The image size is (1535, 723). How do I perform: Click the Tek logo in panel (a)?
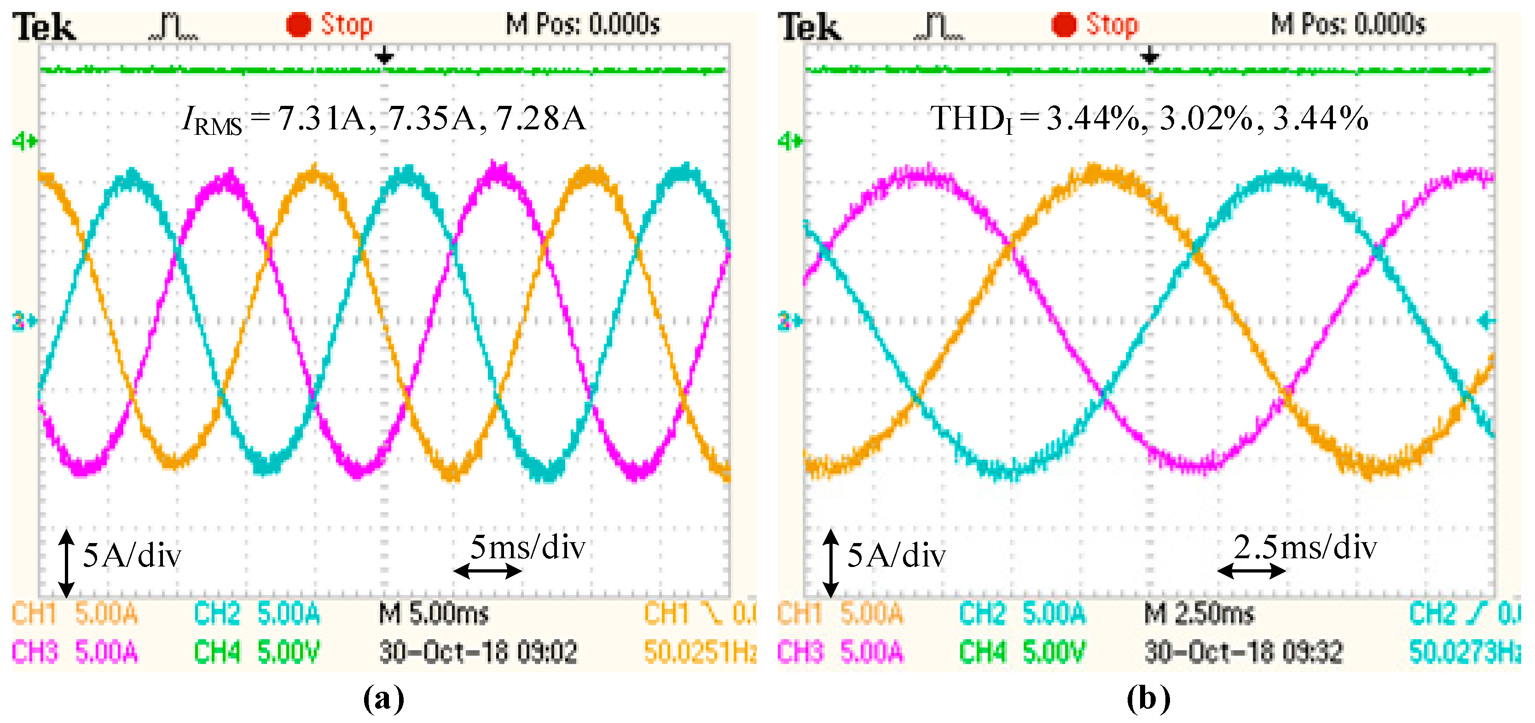45,27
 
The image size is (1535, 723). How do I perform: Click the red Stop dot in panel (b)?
1064,25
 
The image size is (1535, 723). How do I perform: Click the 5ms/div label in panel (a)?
527,547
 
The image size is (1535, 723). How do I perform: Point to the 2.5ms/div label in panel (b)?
1305,547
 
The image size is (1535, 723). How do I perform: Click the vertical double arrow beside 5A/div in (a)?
66,563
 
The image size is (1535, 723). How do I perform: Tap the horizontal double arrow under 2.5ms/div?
1251,571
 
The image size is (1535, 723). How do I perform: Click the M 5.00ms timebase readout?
433,613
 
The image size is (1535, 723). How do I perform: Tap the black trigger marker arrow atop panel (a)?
384,57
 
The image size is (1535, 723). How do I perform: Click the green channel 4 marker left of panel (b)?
789,142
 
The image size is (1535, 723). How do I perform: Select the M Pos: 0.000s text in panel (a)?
583,25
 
